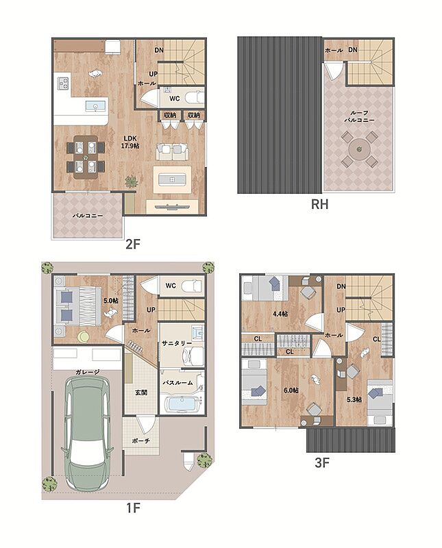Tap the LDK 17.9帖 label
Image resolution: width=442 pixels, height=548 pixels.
[x=130, y=142]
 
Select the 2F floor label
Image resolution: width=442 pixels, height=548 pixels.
[x=133, y=244]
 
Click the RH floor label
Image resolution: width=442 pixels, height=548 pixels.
[x=319, y=204]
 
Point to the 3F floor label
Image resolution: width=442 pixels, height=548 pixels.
[x=322, y=463]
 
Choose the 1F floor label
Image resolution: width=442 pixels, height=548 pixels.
[x=133, y=508]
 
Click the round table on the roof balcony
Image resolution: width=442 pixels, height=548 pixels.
[x=359, y=149]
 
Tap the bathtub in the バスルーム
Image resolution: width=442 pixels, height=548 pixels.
[x=181, y=404]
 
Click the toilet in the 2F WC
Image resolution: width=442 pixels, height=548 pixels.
[x=194, y=97]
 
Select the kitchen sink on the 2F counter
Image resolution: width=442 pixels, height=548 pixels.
[x=95, y=106]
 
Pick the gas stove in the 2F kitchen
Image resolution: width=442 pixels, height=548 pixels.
[x=63, y=83]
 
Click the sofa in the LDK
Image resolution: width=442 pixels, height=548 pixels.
[x=172, y=152]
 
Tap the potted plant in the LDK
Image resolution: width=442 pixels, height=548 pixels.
[x=132, y=182]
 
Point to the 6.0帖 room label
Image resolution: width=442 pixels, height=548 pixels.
[x=291, y=390]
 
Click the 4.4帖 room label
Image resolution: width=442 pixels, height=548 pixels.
[x=280, y=314]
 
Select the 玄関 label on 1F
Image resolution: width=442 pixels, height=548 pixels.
[x=141, y=393]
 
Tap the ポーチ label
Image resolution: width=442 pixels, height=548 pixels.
[x=141, y=441]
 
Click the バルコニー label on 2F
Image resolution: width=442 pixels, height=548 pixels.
[x=88, y=216]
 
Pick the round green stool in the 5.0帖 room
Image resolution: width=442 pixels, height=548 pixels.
[x=83, y=337]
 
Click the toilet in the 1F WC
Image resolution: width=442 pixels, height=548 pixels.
[x=193, y=286]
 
